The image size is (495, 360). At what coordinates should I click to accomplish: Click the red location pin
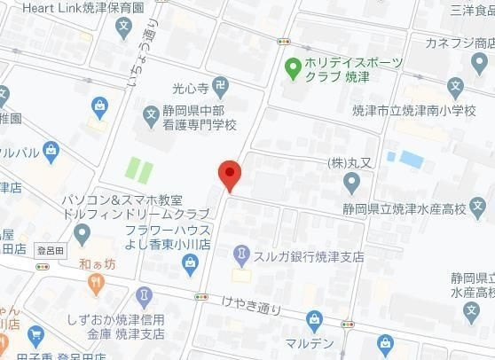(230, 174)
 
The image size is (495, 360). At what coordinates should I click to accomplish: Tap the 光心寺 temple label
(189, 89)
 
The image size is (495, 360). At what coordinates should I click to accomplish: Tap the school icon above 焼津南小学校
(455, 88)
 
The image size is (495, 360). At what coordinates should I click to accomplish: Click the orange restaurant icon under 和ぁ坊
(97, 284)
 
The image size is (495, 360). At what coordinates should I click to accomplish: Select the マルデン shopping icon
(313, 320)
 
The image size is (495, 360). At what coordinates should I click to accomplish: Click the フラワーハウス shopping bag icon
(190, 262)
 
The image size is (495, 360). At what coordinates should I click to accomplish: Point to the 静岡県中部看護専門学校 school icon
(151, 113)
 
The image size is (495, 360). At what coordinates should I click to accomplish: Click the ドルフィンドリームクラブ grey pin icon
(83, 235)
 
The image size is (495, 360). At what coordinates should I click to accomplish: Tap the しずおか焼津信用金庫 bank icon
(144, 295)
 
